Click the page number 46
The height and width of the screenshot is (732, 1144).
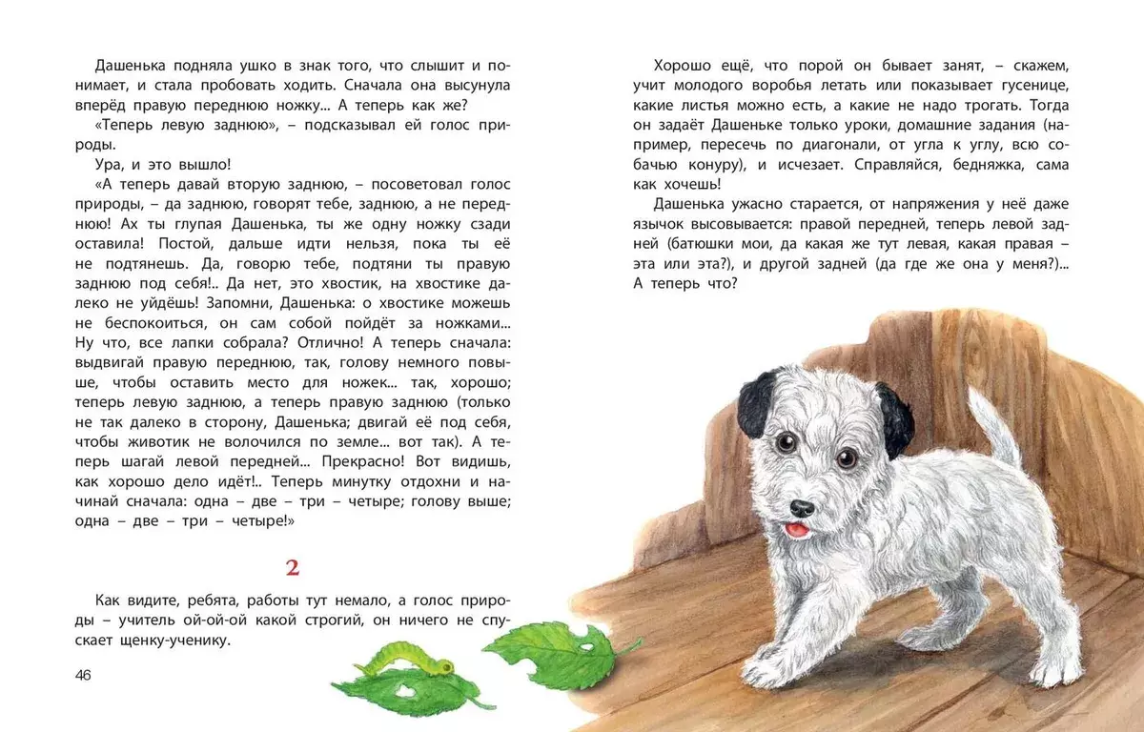coord(82,675)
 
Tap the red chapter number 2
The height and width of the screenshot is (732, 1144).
coord(293,569)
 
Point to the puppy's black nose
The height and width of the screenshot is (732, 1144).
coord(803,508)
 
